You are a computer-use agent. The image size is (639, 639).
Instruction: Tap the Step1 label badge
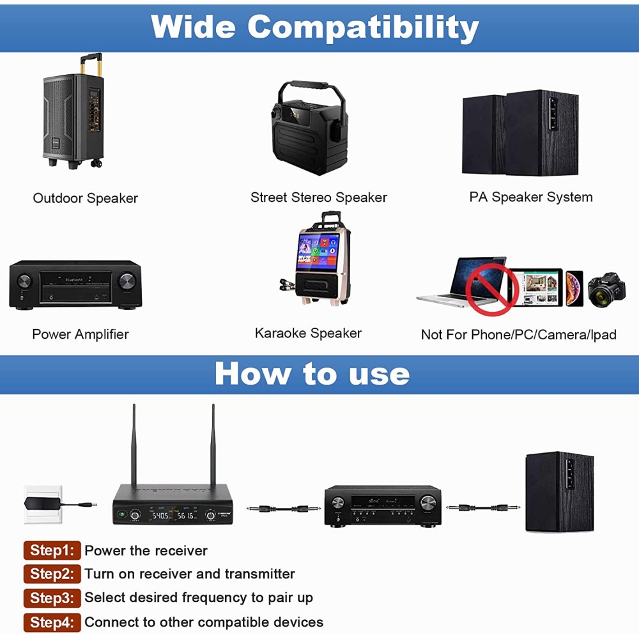coord(52,550)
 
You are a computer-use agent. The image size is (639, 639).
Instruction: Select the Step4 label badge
coord(52,622)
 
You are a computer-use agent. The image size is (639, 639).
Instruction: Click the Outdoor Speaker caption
coord(86,198)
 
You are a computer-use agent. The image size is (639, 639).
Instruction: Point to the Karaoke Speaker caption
coord(308,333)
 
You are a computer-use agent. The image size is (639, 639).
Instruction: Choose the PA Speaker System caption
coord(530,197)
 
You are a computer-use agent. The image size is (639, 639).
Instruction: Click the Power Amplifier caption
coord(81,334)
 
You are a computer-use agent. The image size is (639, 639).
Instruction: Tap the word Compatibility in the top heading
coord(363,27)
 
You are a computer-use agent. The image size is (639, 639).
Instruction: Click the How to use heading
coord(312,373)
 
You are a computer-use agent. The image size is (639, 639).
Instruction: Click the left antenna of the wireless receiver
coord(134,444)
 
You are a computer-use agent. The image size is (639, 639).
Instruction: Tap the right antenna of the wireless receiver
coord(213,444)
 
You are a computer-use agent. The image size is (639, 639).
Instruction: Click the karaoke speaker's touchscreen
coord(318,253)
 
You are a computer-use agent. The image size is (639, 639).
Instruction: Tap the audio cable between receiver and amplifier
coord(283,508)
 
